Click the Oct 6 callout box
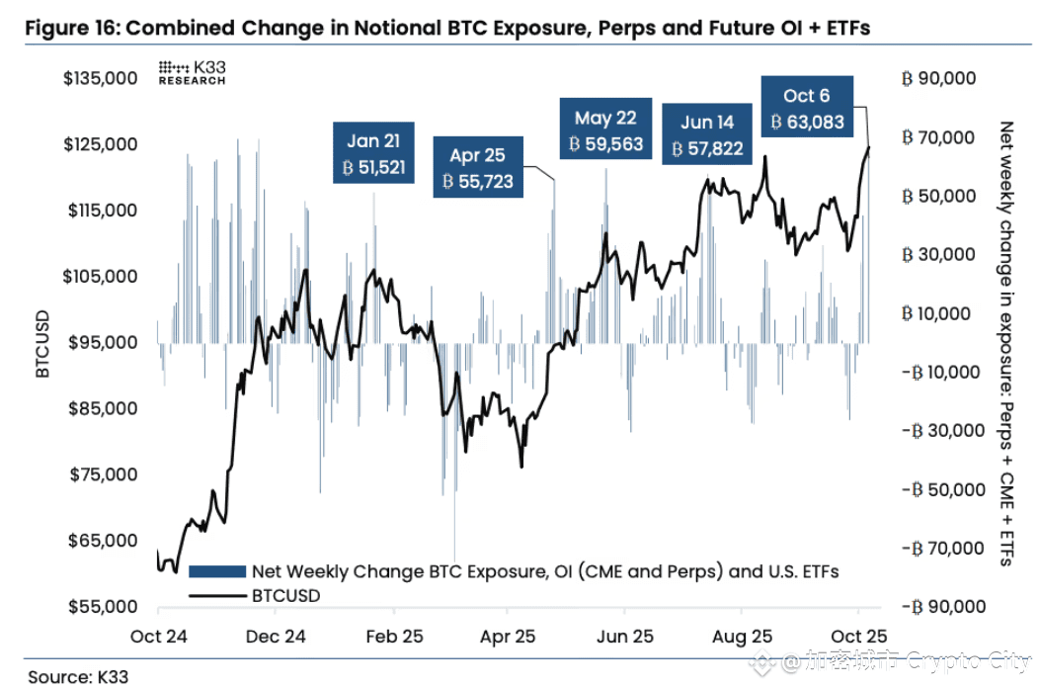click(806, 109)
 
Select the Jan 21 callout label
click(373, 154)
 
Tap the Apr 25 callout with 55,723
click(478, 169)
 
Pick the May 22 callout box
click(605, 130)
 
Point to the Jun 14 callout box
click(707, 135)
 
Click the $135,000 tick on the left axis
click(100, 78)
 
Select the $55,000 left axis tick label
click(100, 607)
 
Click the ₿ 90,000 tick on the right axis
click(938, 78)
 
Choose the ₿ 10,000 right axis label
click(938, 313)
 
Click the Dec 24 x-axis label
click(275, 637)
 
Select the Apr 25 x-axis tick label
click(507, 637)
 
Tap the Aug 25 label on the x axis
click(742, 637)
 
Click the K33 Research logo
click(192, 73)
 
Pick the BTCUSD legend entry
click(286, 596)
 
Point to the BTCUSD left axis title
click(42, 343)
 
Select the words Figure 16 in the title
click(68, 28)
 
